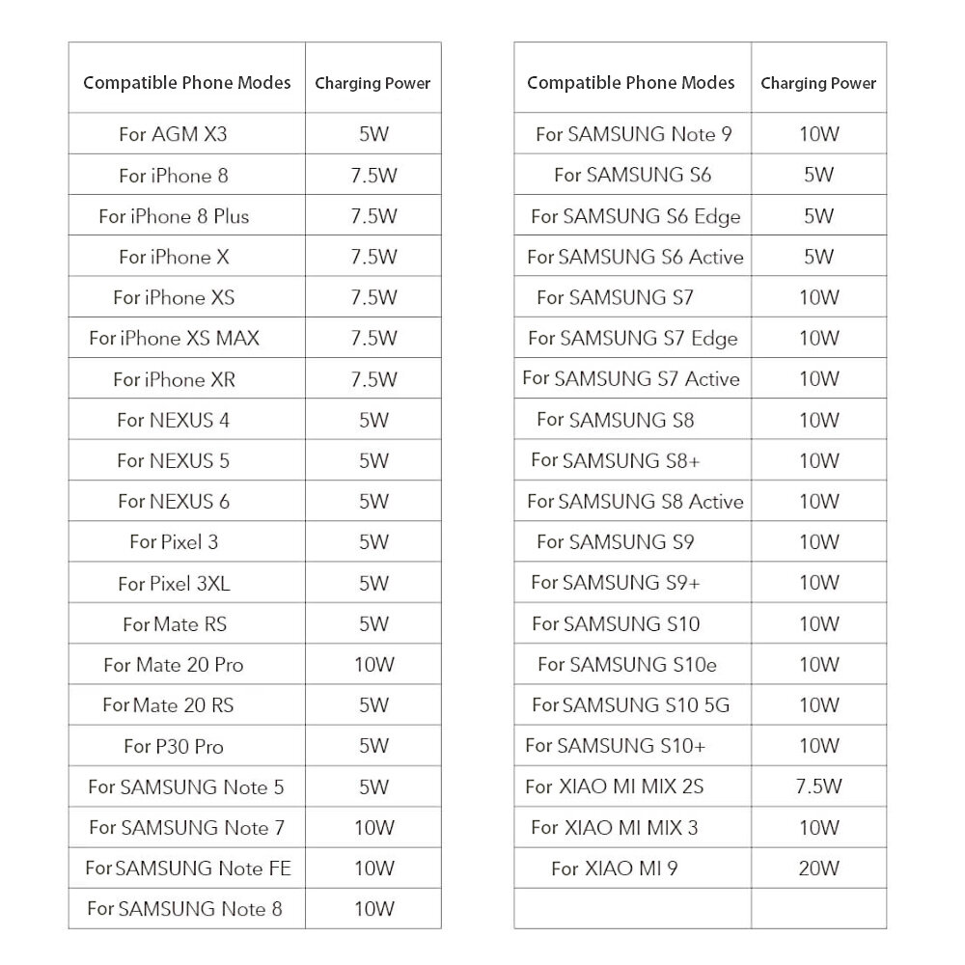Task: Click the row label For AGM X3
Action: (x=173, y=134)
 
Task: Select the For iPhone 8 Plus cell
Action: (x=174, y=216)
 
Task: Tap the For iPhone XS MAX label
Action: (x=174, y=338)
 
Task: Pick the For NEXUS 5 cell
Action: (x=173, y=460)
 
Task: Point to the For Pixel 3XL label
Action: (x=174, y=583)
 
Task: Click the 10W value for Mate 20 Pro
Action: (x=373, y=665)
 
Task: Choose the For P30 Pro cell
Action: (x=174, y=746)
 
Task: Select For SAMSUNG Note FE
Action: (x=187, y=868)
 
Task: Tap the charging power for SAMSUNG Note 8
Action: (x=373, y=909)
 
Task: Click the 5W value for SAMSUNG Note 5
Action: (x=373, y=786)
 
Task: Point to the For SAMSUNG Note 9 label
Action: (x=633, y=134)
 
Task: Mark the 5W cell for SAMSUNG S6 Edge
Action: (x=818, y=216)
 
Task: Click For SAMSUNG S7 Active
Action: (x=631, y=378)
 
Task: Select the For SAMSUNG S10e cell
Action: (x=627, y=664)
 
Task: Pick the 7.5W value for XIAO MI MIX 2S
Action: (x=818, y=786)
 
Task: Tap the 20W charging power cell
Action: (x=818, y=868)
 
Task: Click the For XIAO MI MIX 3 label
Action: (x=615, y=827)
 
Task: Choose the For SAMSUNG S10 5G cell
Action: (x=630, y=704)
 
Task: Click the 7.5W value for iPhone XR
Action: (x=373, y=379)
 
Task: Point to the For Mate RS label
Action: (x=175, y=624)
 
